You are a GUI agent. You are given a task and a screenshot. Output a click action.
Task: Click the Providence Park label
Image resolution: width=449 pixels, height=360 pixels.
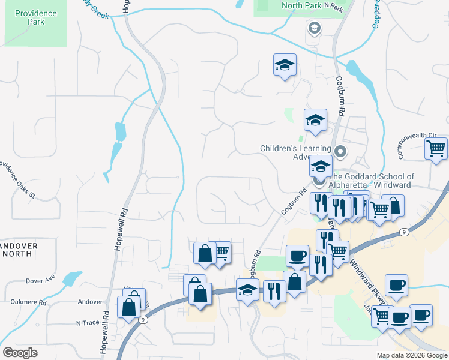(x=36, y=17)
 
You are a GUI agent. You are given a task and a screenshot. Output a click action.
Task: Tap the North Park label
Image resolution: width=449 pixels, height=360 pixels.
(x=301, y=5)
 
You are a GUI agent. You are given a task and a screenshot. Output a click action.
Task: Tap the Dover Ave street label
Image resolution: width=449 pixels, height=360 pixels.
(x=40, y=280)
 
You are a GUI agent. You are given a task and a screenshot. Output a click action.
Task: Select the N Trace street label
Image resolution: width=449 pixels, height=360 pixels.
(x=86, y=323)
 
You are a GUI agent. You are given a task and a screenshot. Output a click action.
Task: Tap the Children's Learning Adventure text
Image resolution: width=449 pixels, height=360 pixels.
(x=295, y=152)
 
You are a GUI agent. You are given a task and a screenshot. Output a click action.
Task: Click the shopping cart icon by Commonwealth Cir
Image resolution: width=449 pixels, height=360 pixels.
(x=436, y=148)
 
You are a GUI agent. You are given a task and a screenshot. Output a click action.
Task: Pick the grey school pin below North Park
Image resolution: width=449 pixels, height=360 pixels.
(x=314, y=28)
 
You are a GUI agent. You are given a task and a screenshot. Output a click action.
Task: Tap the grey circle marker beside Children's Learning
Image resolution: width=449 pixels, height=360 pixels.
(x=341, y=151)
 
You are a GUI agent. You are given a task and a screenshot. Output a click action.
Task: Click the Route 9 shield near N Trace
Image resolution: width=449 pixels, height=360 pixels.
(x=142, y=320)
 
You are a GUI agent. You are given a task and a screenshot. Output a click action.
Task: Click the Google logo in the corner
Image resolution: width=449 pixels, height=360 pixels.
(x=20, y=353)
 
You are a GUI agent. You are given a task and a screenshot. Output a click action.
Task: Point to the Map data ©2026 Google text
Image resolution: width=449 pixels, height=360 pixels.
(x=411, y=355)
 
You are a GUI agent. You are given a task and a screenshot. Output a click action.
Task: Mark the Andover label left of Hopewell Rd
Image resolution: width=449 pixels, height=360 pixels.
(x=91, y=302)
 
